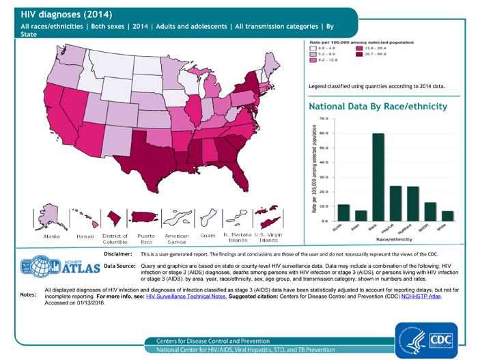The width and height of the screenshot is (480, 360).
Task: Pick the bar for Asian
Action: (361, 215)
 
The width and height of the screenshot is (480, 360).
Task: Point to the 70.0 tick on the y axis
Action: (324, 119)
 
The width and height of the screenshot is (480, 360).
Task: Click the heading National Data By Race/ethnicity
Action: (378, 107)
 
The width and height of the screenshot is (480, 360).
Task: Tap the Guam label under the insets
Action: (208, 236)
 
